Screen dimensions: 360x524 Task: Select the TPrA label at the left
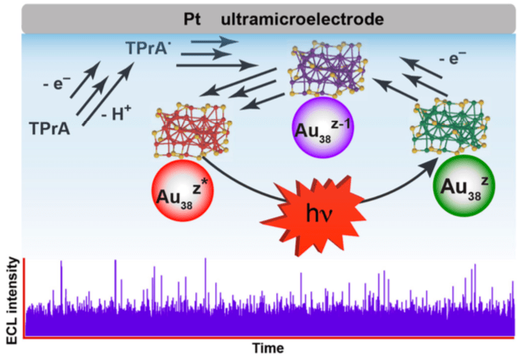[x=49, y=128]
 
